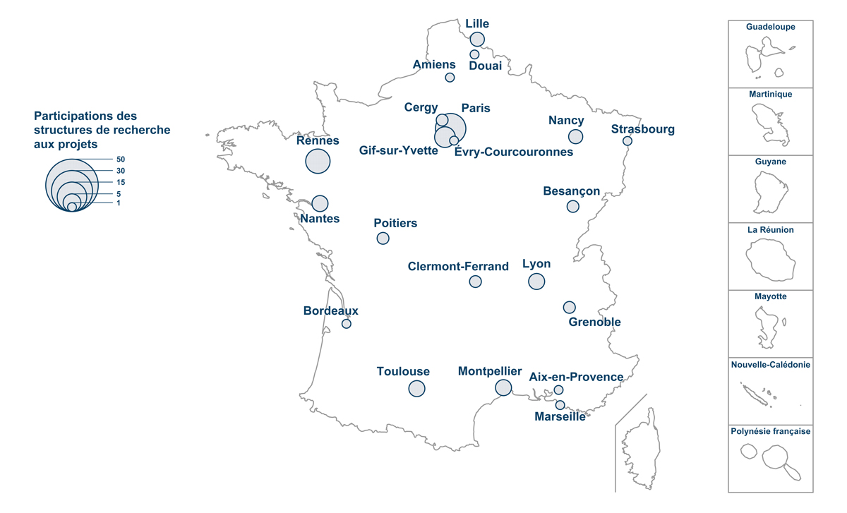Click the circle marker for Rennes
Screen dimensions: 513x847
318,162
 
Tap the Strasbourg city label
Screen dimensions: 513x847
643,129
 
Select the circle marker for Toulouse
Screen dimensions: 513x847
416,388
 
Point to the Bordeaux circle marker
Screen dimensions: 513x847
347,324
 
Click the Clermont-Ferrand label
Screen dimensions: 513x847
458,267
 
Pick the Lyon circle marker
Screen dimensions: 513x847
536,282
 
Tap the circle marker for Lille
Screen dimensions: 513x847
477,39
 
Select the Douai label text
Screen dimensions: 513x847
485,66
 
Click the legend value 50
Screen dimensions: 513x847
121,159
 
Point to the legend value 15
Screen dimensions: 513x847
121,182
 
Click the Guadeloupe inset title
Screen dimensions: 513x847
771,28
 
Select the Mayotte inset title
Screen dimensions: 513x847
771,297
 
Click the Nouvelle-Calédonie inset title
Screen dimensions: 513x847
771,365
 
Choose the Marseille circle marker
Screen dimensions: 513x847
560,405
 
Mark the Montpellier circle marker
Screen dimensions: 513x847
503,387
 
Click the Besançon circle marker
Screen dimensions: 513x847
572,207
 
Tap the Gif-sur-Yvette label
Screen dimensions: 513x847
398,151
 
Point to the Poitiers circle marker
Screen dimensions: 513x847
383,239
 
